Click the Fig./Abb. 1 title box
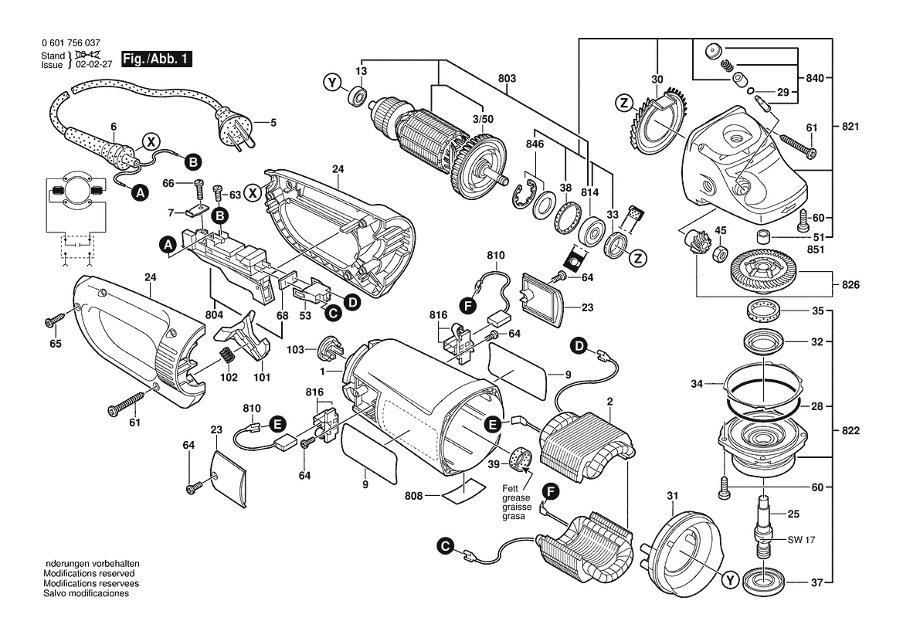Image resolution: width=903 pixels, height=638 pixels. pyautogui.click(x=156, y=59)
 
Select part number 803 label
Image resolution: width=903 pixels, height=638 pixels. pyautogui.click(x=507, y=78)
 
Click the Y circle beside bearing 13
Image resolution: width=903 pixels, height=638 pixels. pyautogui.click(x=331, y=83)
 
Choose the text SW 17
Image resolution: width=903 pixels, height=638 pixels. pyautogui.click(x=801, y=540)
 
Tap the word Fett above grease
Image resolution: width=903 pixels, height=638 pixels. pyautogui.click(x=511, y=488)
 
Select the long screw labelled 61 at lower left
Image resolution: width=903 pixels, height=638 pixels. pyautogui.click(x=126, y=403)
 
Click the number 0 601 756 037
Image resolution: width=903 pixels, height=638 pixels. pyautogui.click(x=71, y=42)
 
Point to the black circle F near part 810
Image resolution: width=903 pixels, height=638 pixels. pyautogui.click(x=467, y=306)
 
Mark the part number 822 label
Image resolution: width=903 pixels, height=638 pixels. pyautogui.click(x=850, y=430)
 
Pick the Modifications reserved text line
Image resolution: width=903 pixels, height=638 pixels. pyautogui.click(x=90, y=574)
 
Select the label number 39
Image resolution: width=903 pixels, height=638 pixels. pyautogui.click(x=494, y=464)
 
